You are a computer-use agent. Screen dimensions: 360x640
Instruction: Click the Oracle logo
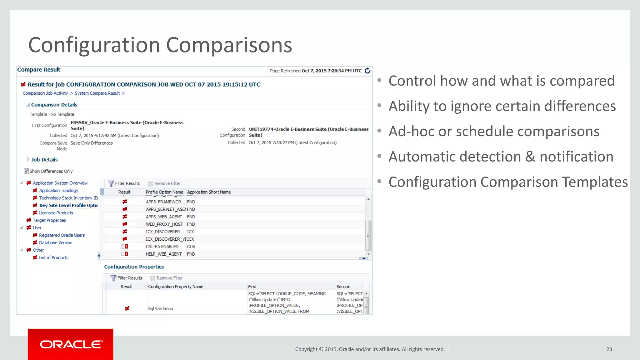pyautogui.click(x=71, y=344)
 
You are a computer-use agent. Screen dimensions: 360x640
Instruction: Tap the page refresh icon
pyautogui.click(x=367, y=71)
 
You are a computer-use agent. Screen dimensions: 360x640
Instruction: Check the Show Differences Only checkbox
pyautogui.click(x=26, y=171)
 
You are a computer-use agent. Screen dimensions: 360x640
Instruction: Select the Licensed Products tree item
pyautogui.click(x=56, y=213)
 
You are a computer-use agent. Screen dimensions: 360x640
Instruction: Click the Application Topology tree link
pyautogui.click(x=58, y=190)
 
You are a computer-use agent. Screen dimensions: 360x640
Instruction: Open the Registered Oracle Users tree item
pyautogui.click(x=62, y=235)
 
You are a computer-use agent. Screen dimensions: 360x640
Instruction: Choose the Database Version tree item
pyautogui.click(x=56, y=242)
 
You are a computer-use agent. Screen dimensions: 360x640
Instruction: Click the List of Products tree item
pyautogui.click(x=53, y=257)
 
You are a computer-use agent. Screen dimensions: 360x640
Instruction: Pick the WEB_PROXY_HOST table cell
pyautogui.click(x=164, y=224)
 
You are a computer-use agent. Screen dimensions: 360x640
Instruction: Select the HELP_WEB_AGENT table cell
pyautogui.click(x=163, y=254)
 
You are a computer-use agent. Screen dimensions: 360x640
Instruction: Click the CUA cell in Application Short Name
pyautogui.click(x=191, y=247)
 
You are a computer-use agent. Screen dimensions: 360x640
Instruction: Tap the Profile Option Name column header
pyautogui.click(x=164, y=192)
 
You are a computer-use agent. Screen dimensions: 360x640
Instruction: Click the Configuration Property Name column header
pyautogui.click(x=176, y=287)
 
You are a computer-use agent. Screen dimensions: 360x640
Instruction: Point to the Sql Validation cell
pyautogui.click(x=160, y=308)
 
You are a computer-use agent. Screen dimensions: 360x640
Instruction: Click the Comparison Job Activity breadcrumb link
pyautogui.click(x=45, y=93)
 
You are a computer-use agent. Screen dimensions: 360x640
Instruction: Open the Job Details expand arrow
pyautogui.click(x=28, y=159)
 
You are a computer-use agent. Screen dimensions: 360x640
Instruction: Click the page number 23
pyautogui.click(x=609, y=349)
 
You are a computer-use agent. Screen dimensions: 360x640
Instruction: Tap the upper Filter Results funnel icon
pyautogui.click(x=111, y=183)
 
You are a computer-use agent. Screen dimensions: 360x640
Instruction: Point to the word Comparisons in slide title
pyautogui.click(x=229, y=45)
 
